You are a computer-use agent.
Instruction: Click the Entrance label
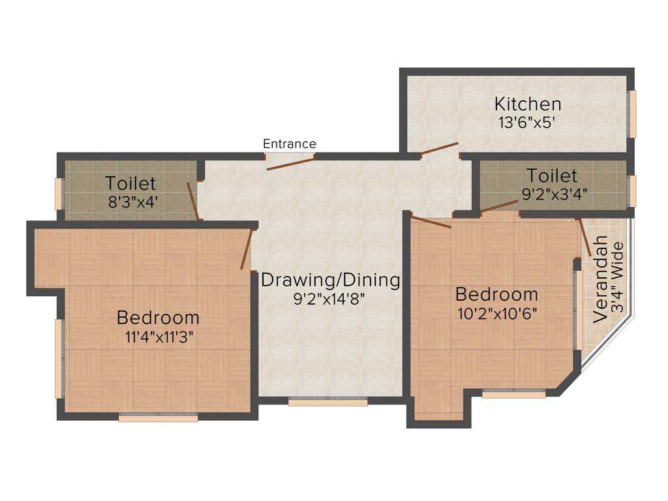click(290, 144)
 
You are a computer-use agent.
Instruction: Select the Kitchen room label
click(527, 104)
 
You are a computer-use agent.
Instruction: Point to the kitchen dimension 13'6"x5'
click(527, 122)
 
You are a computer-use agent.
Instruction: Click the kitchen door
click(439, 149)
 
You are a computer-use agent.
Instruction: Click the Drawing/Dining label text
click(330, 281)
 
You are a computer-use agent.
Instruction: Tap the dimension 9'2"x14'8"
click(330, 299)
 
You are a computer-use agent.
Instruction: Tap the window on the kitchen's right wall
click(631, 114)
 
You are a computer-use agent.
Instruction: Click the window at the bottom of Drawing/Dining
click(327, 402)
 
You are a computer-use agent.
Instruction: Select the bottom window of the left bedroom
click(158, 417)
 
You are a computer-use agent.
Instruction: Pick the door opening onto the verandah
click(584, 236)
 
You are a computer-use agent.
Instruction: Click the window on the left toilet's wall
click(58, 194)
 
